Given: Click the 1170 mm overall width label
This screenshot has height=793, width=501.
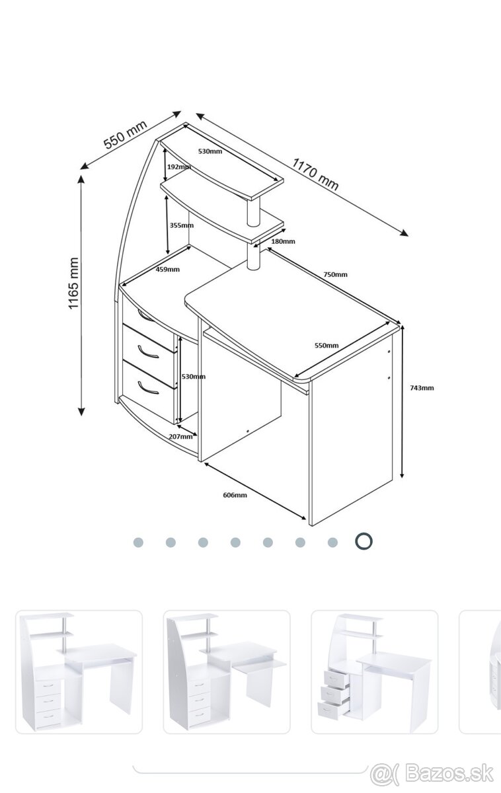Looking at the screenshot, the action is [x=315, y=174].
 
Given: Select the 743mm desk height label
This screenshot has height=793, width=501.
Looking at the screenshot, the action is [x=422, y=388].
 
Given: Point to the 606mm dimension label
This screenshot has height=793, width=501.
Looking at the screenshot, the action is [x=235, y=495].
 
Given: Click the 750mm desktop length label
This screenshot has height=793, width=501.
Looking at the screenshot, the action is [x=335, y=274].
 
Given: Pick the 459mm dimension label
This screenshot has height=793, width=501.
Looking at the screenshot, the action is [x=167, y=270].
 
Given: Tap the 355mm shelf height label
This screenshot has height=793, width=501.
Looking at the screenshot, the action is [x=182, y=225].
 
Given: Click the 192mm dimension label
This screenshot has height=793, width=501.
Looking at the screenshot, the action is [x=179, y=167].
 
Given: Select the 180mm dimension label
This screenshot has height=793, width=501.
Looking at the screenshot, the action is [x=283, y=241].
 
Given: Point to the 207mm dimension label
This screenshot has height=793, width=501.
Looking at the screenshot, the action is [x=180, y=437].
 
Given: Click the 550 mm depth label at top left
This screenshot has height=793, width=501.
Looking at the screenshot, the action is [x=125, y=134].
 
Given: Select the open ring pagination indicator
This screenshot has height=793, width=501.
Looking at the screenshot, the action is [x=364, y=541].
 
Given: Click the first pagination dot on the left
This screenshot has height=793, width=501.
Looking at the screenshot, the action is [x=138, y=543].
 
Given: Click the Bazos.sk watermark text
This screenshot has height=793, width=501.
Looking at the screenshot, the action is [x=449, y=774].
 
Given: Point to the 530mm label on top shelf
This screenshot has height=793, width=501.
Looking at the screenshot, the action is [x=210, y=151].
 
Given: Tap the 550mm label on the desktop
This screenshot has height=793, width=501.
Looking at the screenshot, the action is [x=327, y=345].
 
